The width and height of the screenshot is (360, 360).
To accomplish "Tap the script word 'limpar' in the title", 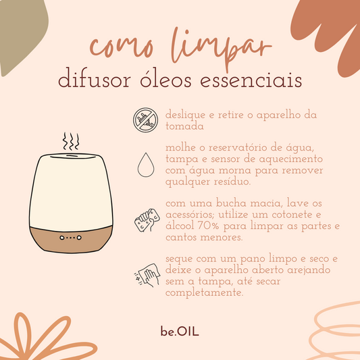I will point(217,44).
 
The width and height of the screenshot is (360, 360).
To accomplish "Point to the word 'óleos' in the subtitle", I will point(171,80).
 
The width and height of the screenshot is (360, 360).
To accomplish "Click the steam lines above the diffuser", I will point(71,142).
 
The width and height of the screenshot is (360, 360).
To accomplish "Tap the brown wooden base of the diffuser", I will point(70,240).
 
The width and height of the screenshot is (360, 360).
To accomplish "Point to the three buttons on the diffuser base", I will point(70,238).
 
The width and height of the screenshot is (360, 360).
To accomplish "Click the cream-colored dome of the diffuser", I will point(70,189).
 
